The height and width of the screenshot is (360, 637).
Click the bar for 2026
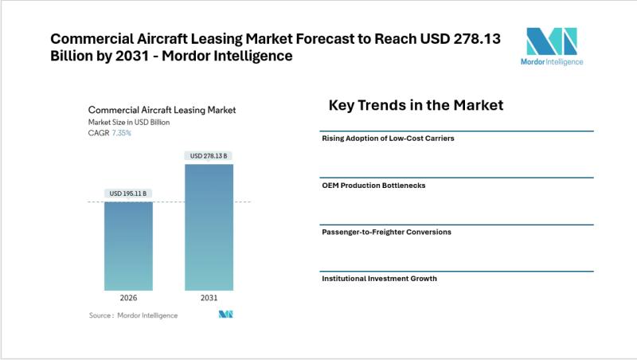128,246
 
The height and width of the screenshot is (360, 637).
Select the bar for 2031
209,227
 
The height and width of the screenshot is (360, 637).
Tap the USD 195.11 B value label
128,194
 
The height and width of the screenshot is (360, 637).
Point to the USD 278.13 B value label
209,156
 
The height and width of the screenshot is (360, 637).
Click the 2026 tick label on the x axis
128,298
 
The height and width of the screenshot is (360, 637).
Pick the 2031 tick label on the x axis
209,298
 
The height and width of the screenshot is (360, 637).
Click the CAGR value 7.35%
121,133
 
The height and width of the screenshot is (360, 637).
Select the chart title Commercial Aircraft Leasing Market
162,110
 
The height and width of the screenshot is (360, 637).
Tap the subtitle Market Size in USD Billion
129,122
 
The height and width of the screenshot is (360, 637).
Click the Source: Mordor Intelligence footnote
133,315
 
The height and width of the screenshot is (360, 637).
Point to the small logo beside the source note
225,315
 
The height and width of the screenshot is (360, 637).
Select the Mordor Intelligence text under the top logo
551,61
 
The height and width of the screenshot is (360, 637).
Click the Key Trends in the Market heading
416,105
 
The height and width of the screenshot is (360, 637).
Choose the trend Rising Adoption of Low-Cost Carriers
388,139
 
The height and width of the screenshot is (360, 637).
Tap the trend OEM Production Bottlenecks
373,185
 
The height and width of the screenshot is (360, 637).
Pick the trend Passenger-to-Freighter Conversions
386,232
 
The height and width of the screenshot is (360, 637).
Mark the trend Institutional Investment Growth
379,279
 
